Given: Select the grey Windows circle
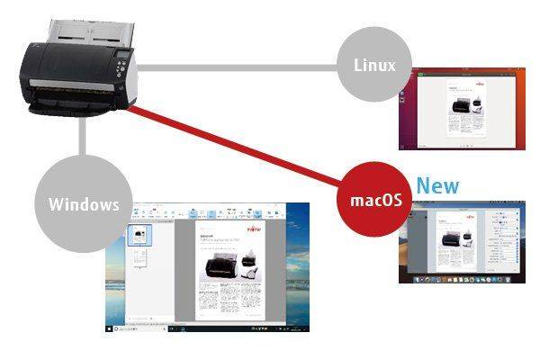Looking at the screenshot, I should pyautogui.click(x=83, y=203).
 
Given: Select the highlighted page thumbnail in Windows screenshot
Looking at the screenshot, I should pyautogui.click(x=139, y=236).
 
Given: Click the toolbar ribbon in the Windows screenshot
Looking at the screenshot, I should pyautogui.click(x=207, y=213).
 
